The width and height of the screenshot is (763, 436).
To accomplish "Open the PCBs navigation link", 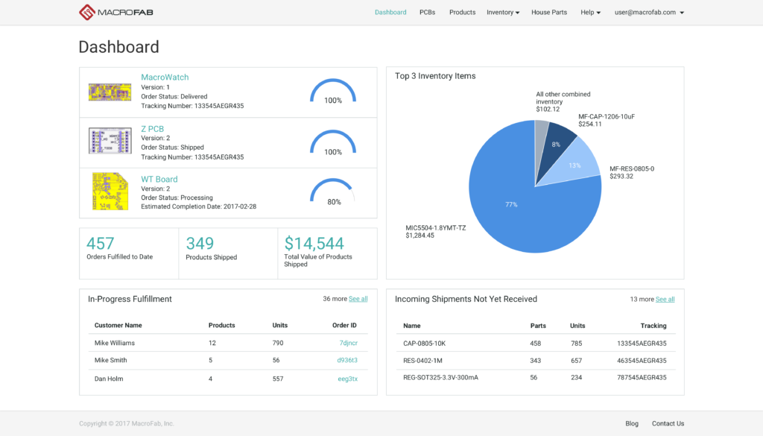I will point(427,13).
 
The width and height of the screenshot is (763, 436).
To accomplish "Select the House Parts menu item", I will point(548,13).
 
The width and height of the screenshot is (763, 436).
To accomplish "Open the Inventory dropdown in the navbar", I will point(503,13).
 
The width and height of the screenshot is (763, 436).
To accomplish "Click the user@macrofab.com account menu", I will point(648,13).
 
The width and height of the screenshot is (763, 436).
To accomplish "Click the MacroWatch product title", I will point(165,78).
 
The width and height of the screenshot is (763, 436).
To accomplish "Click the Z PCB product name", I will point(152,129).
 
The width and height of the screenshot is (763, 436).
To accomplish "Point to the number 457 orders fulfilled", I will point(101,244).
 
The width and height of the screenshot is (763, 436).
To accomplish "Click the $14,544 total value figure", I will point(314,244).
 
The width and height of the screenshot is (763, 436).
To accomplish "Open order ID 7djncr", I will point(348,343).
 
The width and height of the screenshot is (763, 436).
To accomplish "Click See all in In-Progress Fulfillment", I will point(358,299).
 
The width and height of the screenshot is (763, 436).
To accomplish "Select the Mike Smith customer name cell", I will point(110,360).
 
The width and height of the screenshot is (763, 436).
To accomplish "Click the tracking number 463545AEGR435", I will point(642,360).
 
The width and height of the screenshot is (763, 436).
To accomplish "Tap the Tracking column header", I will point(653,326).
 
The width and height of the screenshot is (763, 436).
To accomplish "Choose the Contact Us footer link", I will point(668,423).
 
